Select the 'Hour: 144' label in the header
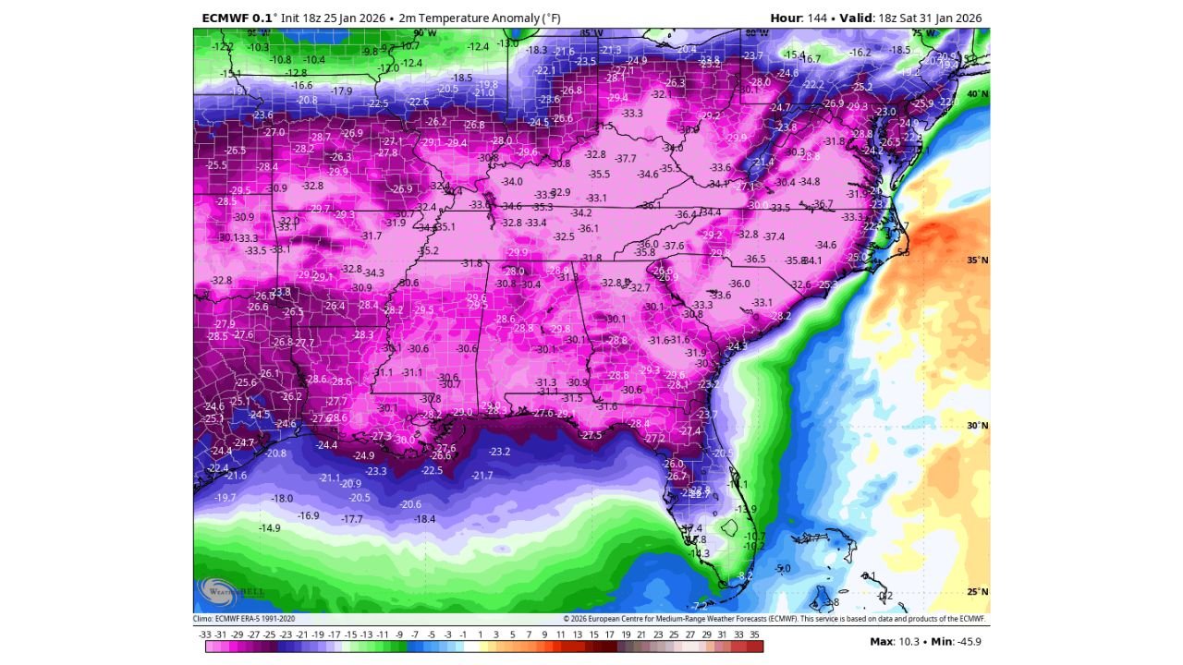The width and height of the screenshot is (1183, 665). coord(799,18)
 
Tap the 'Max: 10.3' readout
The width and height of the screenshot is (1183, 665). coord(895,641)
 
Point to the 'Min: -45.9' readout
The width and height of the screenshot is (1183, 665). coord(956,641)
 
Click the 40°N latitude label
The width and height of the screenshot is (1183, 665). coord(977,94)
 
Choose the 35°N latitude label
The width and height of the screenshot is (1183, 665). coord(977,260)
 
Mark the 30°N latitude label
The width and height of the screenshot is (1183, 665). coord(977,426)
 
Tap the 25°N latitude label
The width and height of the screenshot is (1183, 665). coord(977,592)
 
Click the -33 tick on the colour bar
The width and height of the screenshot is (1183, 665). coord(205,635)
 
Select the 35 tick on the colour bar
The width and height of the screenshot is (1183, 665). coord(754,635)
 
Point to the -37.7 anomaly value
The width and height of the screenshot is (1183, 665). coord(626,159)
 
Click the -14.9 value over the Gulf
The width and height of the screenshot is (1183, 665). coord(269,528)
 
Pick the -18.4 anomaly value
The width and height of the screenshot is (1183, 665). coord(424,519)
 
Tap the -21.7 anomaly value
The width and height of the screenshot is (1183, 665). coord(482,475)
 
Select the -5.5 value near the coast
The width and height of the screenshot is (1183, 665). coord(903,252)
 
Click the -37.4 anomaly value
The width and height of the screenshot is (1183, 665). coord(774,236)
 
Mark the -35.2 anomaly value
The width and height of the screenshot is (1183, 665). coord(428,250)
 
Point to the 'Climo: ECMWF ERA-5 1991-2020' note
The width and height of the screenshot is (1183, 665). coord(244,619)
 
